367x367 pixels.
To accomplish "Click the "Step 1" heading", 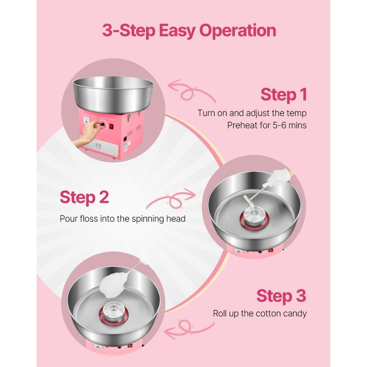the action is [x=283, y=95].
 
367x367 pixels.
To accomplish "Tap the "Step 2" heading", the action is [x=84, y=197].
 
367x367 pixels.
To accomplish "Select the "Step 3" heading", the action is [x=281, y=296].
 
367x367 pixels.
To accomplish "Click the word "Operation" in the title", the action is [x=237, y=30].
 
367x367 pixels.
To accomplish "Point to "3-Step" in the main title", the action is [x=129, y=30].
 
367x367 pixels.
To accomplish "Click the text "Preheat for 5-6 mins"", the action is [x=267, y=125].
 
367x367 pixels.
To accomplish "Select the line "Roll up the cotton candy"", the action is [x=259, y=313].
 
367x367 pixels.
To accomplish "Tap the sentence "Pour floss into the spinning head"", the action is [x=123, y=219].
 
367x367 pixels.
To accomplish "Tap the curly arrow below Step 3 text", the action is [x=187, y=330].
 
